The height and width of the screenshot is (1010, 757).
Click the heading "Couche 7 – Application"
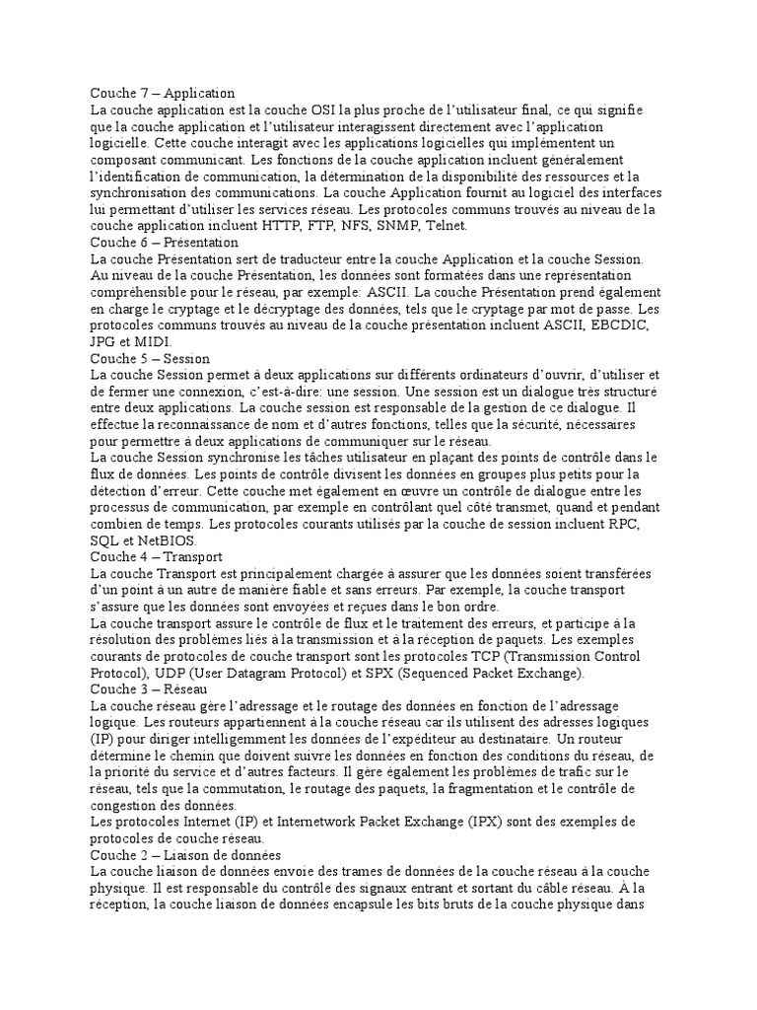[x=163, y=93]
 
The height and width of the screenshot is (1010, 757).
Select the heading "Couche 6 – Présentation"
[x=165, y=242]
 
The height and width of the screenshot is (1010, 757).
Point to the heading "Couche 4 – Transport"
[x=156, y=557]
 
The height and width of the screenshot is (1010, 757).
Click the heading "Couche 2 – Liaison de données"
[x=186, y=855]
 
